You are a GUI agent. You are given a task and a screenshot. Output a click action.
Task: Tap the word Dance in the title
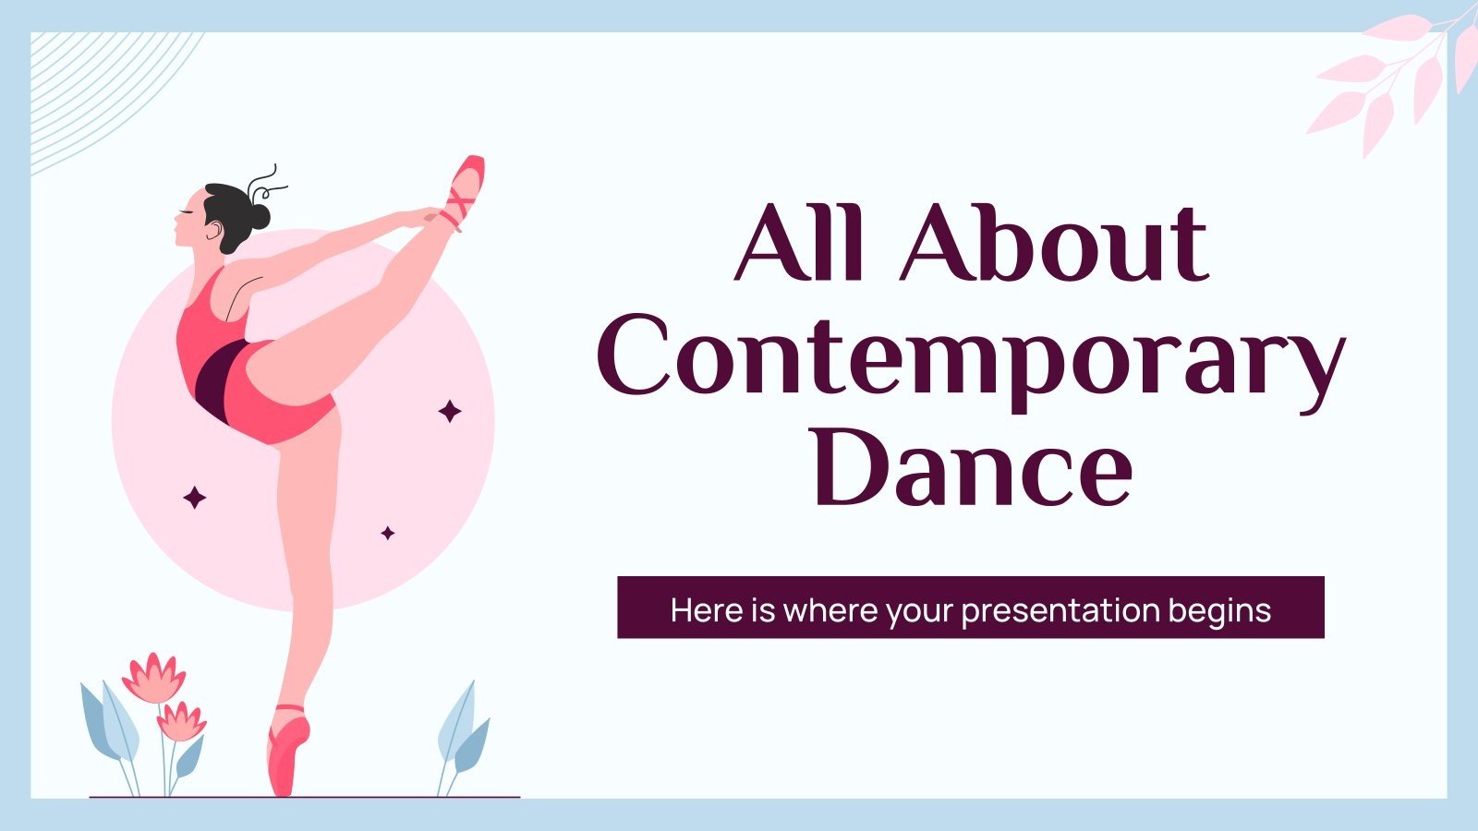(x=972, y=466)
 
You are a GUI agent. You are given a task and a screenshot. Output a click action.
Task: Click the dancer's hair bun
(x=258, y=216)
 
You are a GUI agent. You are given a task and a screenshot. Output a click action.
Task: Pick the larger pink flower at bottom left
(x=153, y=678)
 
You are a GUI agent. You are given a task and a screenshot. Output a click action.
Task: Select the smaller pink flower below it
(x=181, y=721)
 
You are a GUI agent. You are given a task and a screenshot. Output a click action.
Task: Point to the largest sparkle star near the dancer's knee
(x=450, y=411)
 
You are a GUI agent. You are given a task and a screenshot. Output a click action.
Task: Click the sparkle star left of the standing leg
(x=195, y=499)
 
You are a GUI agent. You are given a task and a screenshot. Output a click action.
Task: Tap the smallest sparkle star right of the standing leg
(x=388, y=533)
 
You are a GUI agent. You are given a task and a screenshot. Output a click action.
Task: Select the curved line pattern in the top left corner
(x=102, y=92)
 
